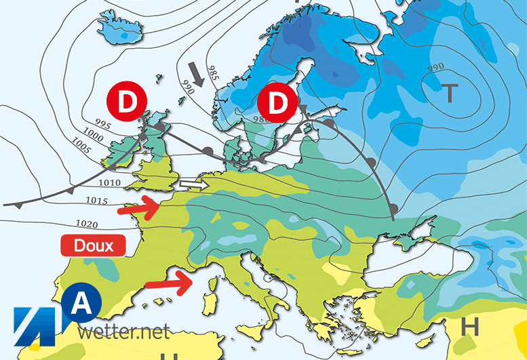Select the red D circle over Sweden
277,104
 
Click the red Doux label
94,245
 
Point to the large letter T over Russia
449,92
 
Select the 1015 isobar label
98,201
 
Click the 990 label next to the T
435,68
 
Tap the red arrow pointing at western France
138,209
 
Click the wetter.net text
123,332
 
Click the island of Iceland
115,27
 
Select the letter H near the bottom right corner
469,327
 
